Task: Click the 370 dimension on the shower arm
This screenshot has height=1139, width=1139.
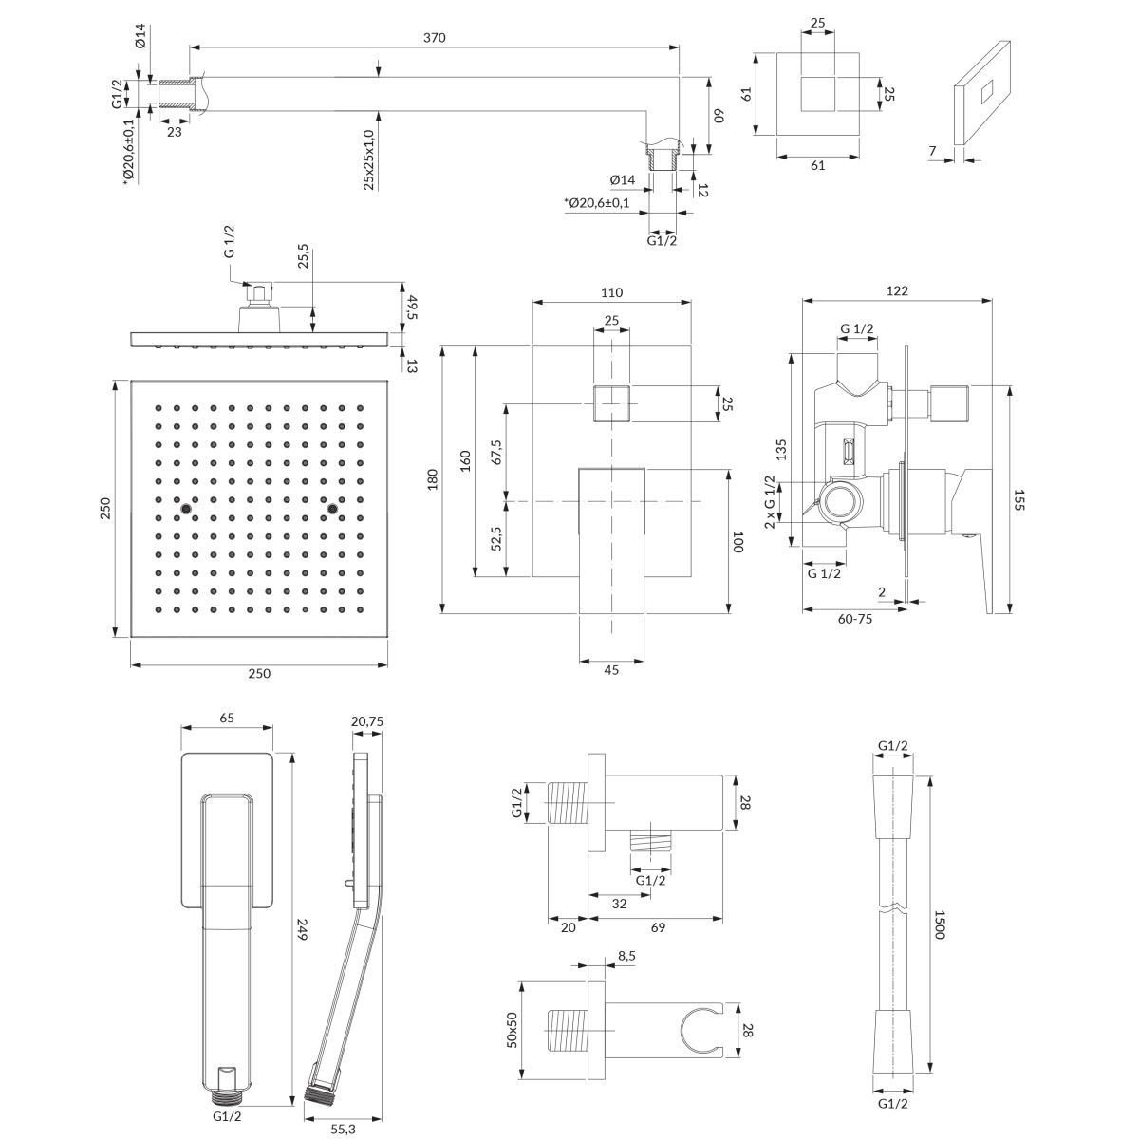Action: click(435, 37)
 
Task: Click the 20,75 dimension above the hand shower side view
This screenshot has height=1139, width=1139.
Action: click(365, 721)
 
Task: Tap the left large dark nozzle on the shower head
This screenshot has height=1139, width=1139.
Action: click(185, 511)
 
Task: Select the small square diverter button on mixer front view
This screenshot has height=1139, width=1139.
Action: click(611, 403)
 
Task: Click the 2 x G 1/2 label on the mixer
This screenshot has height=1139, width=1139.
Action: click(770, 502)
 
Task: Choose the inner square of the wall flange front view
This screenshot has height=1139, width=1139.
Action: click(819, 96)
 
